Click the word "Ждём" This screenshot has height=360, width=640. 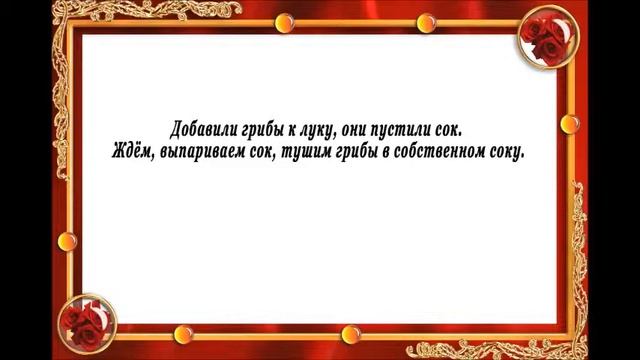pyautogui.click(x=131, y=154)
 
